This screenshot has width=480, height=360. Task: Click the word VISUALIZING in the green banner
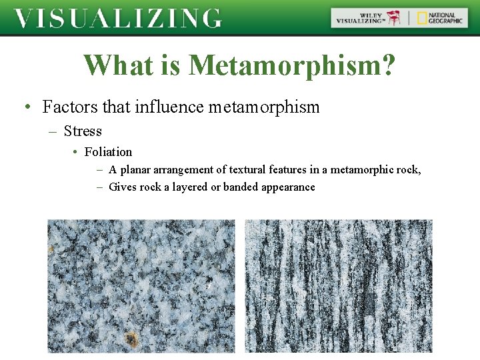[x=117, y=18]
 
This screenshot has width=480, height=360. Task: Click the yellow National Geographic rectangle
[x=422, y=18]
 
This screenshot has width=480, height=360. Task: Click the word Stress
[x=83, y=131]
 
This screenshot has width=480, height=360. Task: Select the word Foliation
[x=108, y=152]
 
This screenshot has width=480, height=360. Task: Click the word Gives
[x=123, y=187]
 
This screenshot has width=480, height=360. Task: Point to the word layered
[x=190, y=187]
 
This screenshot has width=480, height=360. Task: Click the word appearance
[x=288, y=187]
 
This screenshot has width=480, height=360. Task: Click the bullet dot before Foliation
[x=76, y=153]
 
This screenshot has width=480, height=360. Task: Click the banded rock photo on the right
[x=339, y=285]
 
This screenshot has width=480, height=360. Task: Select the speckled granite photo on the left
[x=141, y=285]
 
